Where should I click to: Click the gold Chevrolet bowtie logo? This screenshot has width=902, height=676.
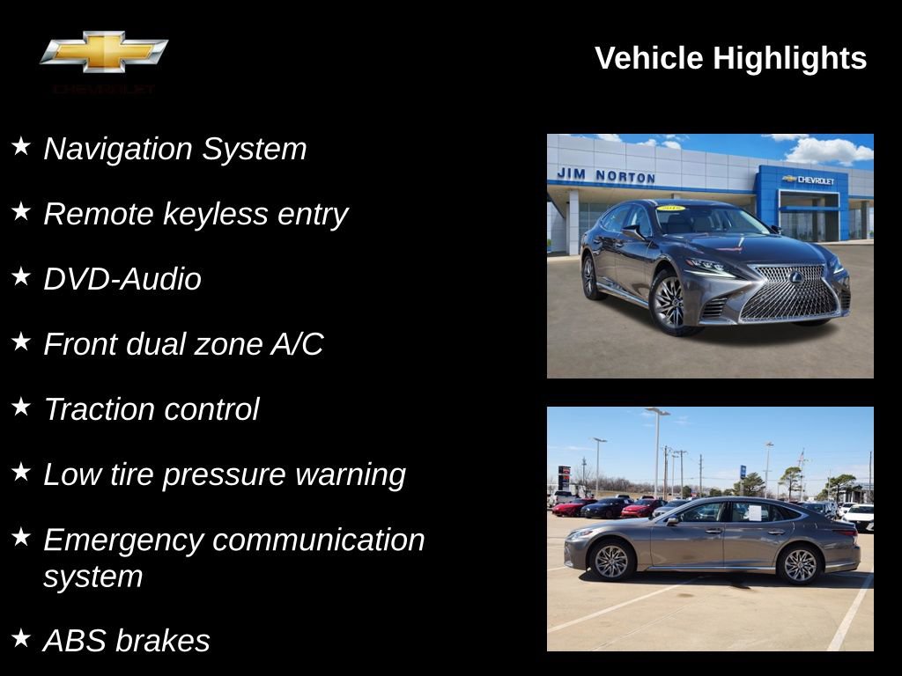(104, 52)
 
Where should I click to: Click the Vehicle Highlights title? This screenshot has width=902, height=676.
(730, 59)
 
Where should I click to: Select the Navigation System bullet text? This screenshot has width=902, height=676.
(174, 149)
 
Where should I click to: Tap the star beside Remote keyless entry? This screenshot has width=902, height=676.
(21, 211)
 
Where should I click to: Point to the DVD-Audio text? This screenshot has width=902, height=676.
(122, 279)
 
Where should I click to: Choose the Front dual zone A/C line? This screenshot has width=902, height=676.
(183, 344)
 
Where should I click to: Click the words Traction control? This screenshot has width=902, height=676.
(152, 409)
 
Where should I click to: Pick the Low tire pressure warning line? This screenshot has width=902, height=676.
(225, 474)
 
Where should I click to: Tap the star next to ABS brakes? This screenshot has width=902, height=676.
(21, 637)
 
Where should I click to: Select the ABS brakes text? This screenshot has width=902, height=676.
(127, 641)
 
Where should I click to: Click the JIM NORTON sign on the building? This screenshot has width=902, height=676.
(605, 176)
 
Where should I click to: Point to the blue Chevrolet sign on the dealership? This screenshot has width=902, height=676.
(808, 180)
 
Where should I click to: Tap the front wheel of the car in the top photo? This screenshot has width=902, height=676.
(669, 302)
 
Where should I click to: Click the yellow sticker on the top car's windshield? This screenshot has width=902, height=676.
(671, 209)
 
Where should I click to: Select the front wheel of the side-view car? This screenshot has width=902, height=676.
(610, 561)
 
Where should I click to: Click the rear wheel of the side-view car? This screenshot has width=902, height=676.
(800, 564)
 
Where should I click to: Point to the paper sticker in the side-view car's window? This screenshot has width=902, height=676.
(753, 511)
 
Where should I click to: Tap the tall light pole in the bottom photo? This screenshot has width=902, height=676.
(656, 449)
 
